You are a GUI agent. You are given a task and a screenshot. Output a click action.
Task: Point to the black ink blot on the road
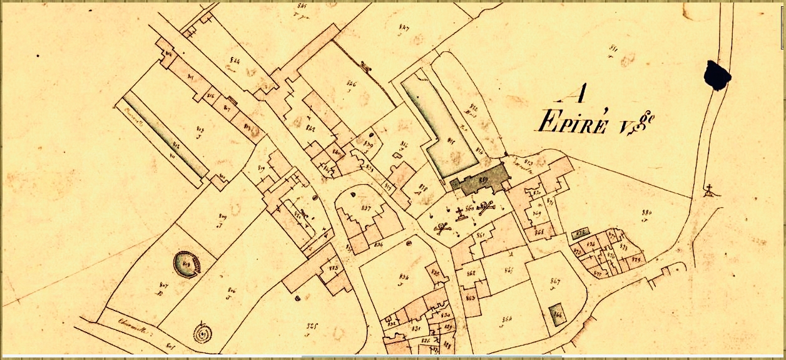[717, 75]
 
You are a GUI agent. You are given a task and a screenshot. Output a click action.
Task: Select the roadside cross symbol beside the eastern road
[710, 190]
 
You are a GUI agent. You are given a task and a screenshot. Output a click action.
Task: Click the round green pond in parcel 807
[186, 263]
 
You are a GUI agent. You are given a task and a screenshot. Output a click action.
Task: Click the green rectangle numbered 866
[555, 314]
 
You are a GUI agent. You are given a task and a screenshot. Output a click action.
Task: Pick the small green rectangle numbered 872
[580, 233]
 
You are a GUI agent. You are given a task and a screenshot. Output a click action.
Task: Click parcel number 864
[507, 319]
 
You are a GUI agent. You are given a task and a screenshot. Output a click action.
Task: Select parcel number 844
[235, 61]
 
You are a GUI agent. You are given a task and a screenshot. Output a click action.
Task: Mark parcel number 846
[351, 83]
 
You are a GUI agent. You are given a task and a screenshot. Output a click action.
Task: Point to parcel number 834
[404, 276]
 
